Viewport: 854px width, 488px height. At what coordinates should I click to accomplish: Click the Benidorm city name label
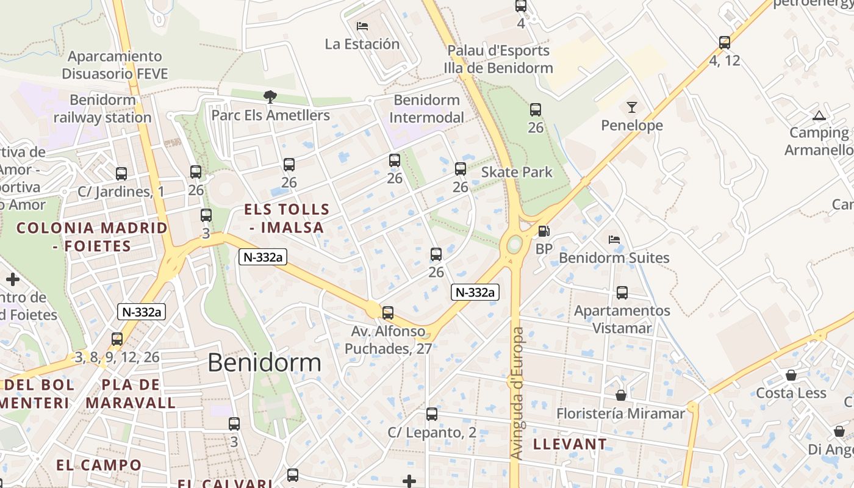[264, 362]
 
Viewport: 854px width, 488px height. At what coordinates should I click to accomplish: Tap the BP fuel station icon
[543, 231]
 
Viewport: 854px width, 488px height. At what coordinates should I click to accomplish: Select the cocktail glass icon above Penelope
[631, 107]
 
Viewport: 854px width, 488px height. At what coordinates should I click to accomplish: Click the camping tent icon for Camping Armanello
[819, 115]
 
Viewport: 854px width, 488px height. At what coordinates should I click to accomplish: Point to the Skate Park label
[517, 172]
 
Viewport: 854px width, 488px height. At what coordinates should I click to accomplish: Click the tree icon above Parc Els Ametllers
[270, 96]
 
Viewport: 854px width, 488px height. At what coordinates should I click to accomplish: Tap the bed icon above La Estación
[362, 26]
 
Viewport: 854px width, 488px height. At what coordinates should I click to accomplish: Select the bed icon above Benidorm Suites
[614, 240]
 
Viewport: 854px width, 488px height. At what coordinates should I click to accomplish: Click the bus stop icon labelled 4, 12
[725, 43]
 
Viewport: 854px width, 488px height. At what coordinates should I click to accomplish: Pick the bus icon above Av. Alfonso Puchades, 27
[388, 313]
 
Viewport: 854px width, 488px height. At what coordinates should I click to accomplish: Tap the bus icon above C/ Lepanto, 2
[432, 414]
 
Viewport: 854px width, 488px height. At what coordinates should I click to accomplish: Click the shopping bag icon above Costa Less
[791, 375]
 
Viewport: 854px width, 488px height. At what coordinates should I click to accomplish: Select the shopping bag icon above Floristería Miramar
[621, 396]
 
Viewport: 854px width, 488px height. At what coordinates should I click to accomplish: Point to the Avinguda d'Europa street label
[517, 393]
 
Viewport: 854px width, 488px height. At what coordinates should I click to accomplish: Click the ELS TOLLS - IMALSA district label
[287, 218]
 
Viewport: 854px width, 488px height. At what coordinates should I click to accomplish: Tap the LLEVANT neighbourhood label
[570, 444]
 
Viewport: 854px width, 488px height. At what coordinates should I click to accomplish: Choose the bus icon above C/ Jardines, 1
[121, 174]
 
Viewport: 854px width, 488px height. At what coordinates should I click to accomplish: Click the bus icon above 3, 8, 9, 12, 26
[117, 339]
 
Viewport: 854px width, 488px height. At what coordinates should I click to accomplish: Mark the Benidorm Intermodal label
[426, 109]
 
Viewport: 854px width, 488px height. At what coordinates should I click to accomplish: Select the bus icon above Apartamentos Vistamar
[622, 293]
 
